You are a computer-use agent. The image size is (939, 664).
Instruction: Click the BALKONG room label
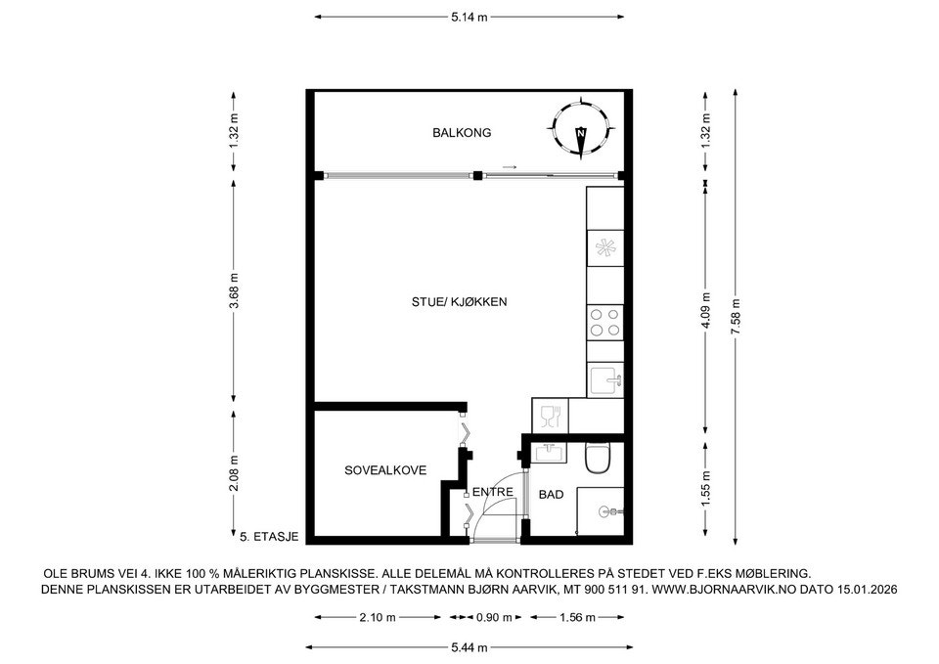tap(462, 132)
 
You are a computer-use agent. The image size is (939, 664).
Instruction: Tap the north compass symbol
tap(580, 130)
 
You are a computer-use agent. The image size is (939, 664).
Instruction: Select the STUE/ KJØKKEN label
tap(460, 302)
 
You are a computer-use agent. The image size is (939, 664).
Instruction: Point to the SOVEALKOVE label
tap(385, 470)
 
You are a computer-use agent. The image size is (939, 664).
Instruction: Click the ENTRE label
tap(493, 492)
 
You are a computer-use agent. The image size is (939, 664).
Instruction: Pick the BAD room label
tap(551, 495)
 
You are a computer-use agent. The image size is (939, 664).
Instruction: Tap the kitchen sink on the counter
tap(606, 379)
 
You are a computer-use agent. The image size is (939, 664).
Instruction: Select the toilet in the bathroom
tap(598, 458)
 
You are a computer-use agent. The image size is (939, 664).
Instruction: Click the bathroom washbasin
tap(551, 452)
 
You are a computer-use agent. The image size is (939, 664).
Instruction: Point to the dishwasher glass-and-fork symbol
tap(550, 417)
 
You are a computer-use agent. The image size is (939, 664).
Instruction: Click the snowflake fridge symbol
tap(604, 248)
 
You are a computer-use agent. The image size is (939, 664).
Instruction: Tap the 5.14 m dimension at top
tap(469, 18)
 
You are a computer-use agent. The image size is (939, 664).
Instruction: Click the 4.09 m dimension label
tap(706, 310)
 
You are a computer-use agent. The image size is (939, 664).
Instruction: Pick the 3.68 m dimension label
tap(234, 290)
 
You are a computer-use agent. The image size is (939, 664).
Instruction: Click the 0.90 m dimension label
tap(494, 617)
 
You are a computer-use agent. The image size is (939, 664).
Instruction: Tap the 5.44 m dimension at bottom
tap(469, 647)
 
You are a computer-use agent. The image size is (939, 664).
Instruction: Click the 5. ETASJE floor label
tap(269, 537)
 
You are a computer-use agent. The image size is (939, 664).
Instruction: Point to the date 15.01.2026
tap(868, 589)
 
